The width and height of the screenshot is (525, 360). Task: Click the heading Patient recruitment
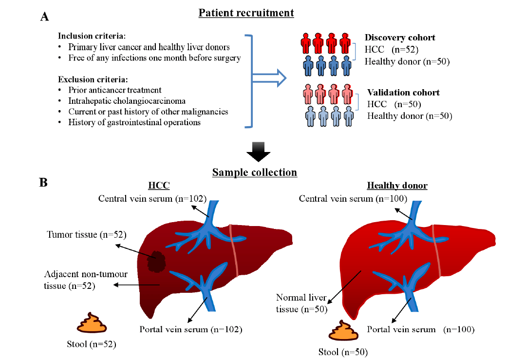(x=246, y=13)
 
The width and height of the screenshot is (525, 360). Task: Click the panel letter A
(x=45, y=17)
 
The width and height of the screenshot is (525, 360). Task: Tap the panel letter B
(x=44, y=183)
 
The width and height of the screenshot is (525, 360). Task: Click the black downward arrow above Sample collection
(x=258, y=152)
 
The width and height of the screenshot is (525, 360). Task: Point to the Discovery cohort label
(x=400, y=38)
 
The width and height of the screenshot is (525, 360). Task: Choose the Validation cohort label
(x=403, y=93)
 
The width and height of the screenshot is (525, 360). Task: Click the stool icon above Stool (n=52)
(x=89, y=322)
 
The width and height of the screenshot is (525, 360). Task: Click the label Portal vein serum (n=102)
(x=191, y=329)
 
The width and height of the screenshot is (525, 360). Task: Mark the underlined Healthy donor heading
(x=397, y=186)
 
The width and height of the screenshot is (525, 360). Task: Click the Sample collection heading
(x=254, y=172)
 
